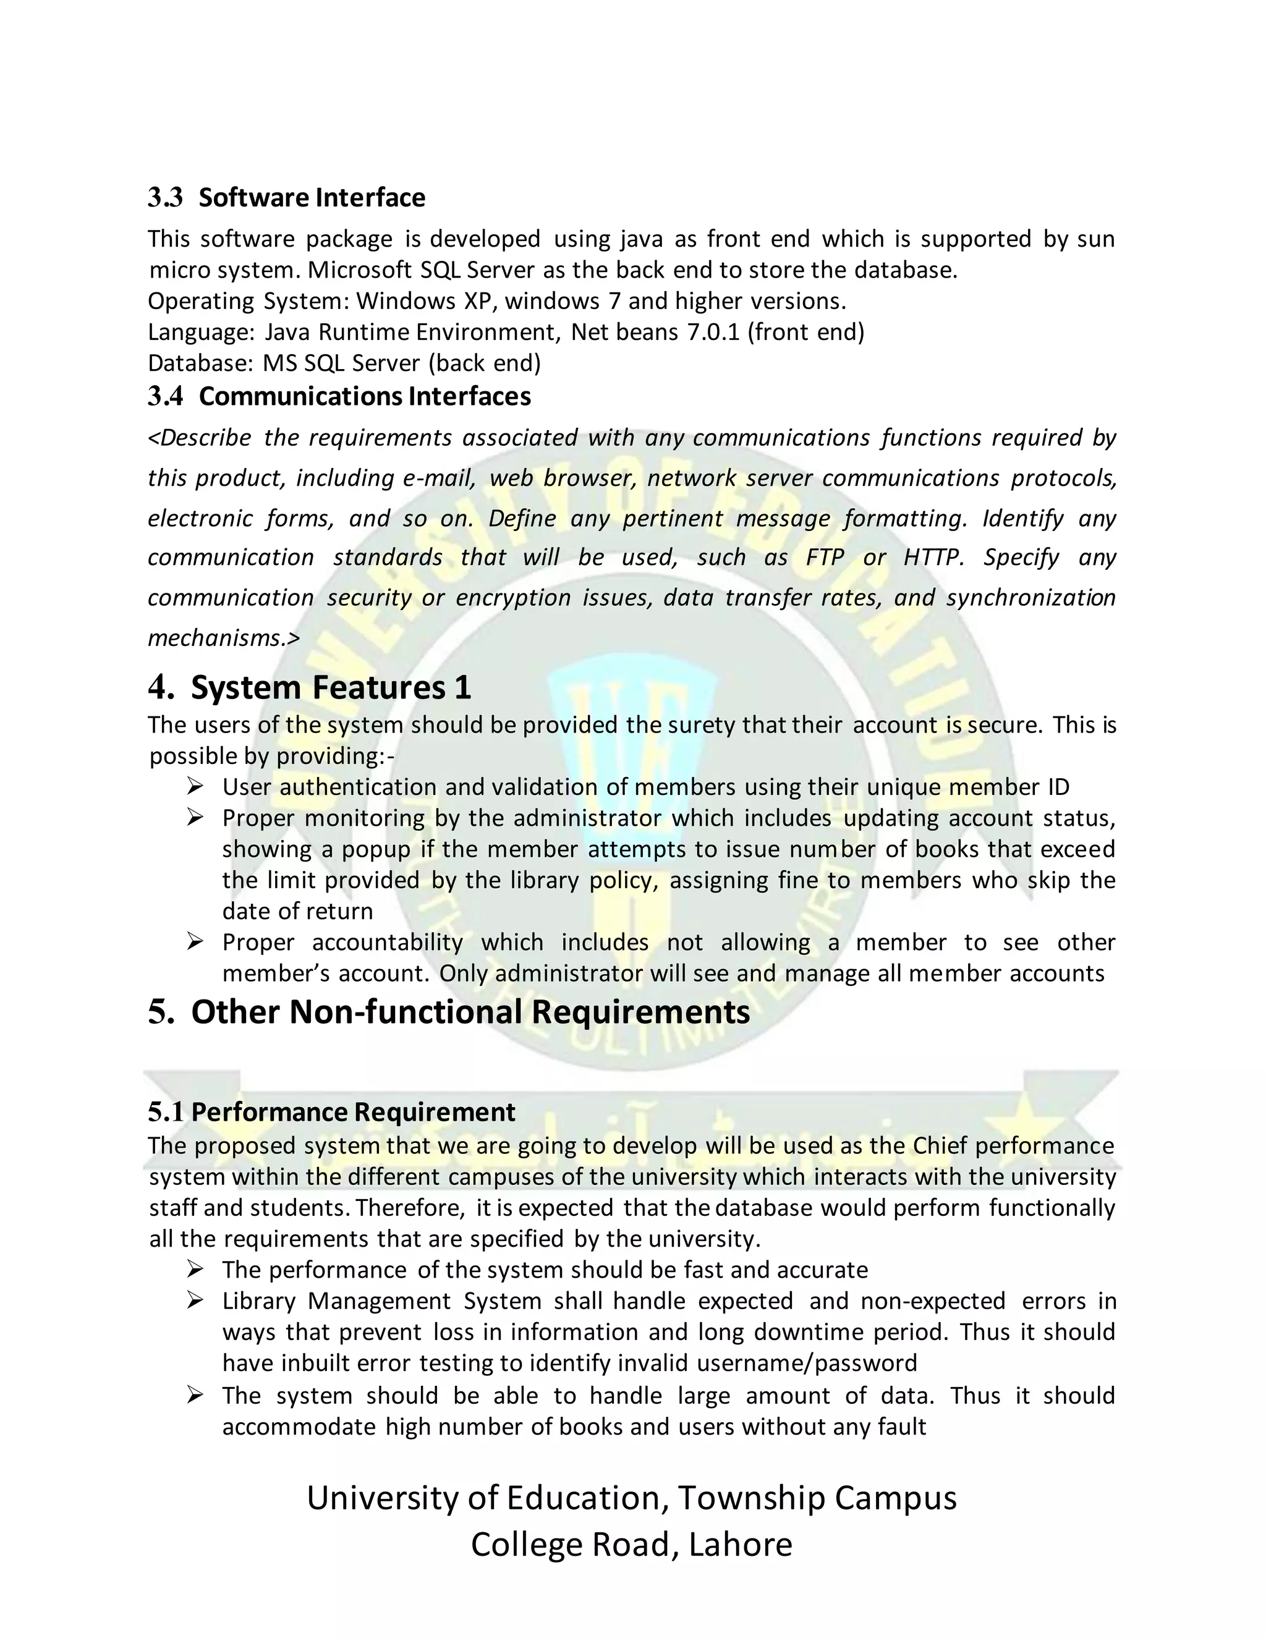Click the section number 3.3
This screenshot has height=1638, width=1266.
pos(165,197)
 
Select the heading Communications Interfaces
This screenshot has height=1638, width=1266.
pos(365,396)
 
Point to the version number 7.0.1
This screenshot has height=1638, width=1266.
pos(713,331)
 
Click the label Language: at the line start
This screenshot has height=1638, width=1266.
pos(201,331)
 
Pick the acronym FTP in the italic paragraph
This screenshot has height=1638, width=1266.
pos(825,558)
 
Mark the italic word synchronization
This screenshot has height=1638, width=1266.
pos(1030,597)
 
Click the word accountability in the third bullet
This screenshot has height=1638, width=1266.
pos(387,942)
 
